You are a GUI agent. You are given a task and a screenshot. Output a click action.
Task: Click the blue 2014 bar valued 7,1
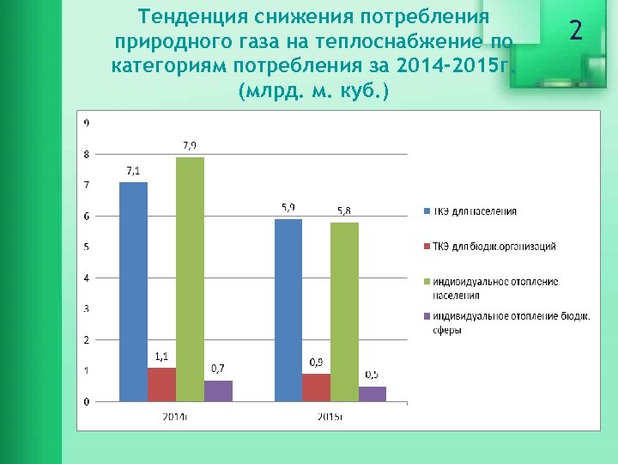[x=133, y=291]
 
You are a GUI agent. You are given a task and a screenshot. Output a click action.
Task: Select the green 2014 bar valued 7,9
[x=191, y=279]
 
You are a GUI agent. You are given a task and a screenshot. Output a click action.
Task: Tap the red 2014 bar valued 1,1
[x=161, y=384]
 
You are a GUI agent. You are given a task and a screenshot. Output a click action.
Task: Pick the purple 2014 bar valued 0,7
[x=218, y=391]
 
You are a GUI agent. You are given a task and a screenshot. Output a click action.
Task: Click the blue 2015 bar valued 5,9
[x=288, y=310]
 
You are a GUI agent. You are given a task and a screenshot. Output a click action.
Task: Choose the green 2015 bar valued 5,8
[x=344, y=312]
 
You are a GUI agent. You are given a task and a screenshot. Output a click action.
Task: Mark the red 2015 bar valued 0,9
[x=316, y=388]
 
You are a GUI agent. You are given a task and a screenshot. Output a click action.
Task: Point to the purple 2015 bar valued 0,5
[x=373, y=394]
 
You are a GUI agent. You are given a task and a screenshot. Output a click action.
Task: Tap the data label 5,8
[x=344, y=211]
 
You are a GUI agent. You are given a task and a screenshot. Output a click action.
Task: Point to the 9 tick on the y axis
[x=86, y=123]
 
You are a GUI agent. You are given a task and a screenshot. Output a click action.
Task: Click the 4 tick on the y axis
[x=86, y=278]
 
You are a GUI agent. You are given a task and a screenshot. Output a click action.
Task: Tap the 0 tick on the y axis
[x=86, y=401]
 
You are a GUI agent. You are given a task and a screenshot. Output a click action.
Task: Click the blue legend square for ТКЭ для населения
[x=427, y=211]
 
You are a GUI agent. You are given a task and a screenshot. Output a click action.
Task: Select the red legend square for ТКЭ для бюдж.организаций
[x=427, y=247]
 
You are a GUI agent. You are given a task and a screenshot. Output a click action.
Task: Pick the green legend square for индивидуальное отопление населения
[x=427, y=281]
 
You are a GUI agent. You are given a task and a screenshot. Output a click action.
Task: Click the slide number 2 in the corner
[x=576, y=32]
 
